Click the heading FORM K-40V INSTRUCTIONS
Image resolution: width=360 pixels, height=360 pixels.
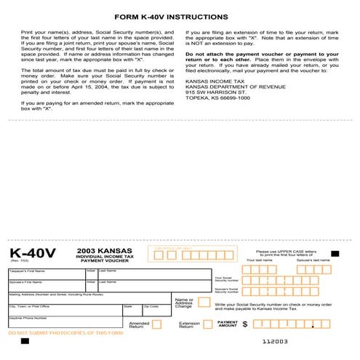point(180,16)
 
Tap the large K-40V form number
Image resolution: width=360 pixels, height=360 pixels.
point(33,253)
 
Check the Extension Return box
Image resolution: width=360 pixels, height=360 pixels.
point(207,324)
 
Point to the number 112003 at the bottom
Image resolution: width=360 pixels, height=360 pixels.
point(276,340)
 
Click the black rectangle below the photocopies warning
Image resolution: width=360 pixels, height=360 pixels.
point(25,340)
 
